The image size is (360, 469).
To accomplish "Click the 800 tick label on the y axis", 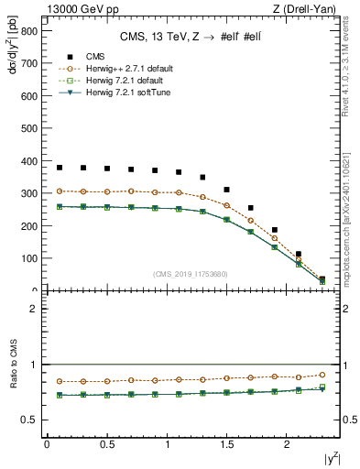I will [30, 31].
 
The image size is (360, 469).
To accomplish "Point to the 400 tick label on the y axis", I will [30, 161].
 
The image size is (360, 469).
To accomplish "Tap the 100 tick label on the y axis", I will [30, 258].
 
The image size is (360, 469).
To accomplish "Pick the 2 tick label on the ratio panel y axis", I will [34, 309].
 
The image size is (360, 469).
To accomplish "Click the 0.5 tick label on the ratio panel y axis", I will [30, 420].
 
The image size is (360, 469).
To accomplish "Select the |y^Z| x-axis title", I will [328, 459].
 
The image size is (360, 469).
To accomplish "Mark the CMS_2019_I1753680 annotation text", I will [191, 273].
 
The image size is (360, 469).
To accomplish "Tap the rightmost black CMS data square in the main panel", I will [322, 279].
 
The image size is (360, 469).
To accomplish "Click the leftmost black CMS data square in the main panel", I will [60, 168].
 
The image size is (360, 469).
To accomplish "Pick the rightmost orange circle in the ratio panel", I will [322, 374].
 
